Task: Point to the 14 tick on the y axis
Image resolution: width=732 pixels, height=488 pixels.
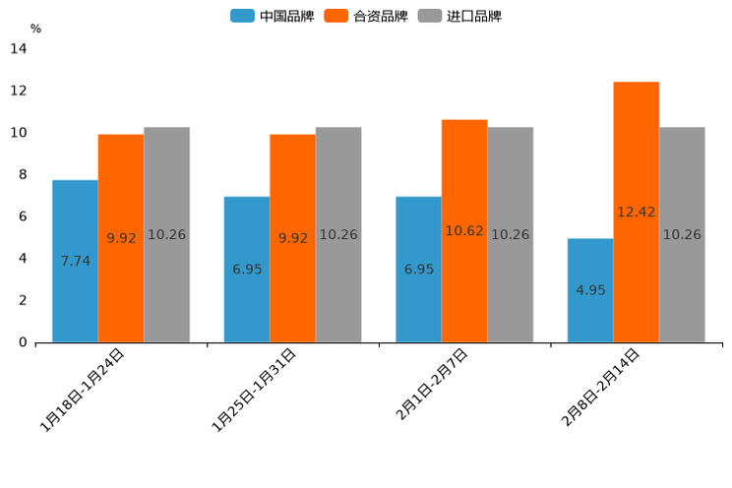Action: coord(18,49)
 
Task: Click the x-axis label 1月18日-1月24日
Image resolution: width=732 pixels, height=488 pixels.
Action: coord(83,390)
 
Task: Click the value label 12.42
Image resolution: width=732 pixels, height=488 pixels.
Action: coord(636,212)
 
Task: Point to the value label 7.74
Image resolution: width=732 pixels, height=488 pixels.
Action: coord(75,261)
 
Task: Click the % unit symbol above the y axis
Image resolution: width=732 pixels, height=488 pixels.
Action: coord(35,29)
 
